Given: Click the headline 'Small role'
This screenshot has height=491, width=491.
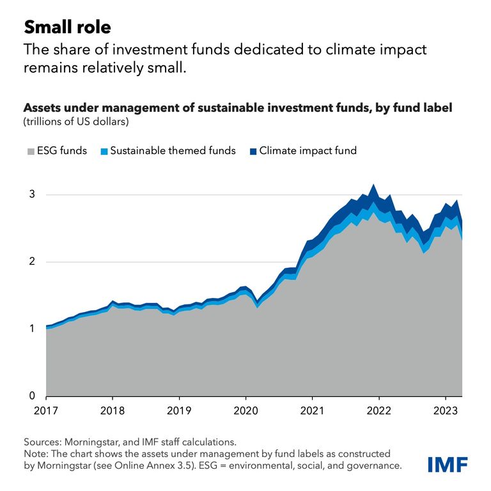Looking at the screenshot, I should click(67, 27).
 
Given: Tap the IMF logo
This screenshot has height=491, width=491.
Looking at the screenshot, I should click(446, 464).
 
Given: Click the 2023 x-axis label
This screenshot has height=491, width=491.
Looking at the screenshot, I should click(446, 409).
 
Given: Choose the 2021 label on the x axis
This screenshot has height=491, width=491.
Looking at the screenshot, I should click(313, 409).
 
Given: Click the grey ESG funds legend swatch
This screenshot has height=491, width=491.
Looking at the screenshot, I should click(29, 152).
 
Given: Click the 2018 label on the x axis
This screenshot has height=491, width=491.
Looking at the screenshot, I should click(113, 409).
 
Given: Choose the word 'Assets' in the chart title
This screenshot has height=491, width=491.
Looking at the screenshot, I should click(42, 108).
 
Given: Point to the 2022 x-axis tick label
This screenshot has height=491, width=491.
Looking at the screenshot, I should click(379, 409).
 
